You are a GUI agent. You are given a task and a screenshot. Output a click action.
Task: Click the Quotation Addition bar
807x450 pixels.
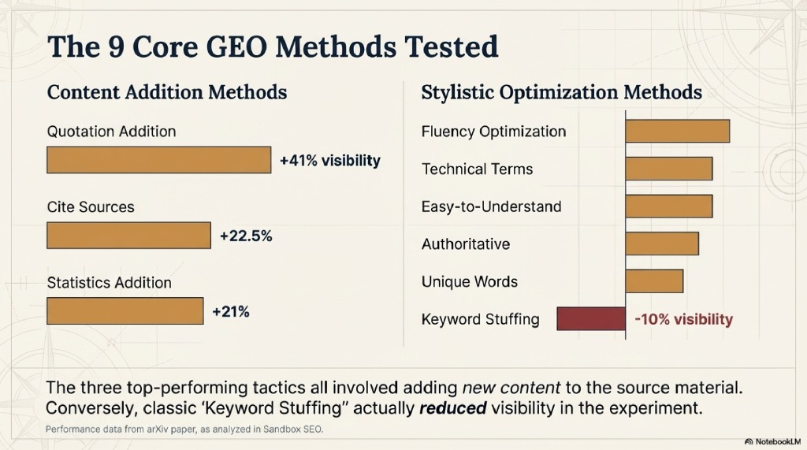[159, 160]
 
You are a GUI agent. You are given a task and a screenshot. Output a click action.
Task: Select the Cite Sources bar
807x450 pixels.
[129, 235]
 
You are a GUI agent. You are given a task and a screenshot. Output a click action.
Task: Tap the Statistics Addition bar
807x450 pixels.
[125, 311]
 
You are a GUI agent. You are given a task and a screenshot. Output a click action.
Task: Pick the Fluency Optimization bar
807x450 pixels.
[678, 131]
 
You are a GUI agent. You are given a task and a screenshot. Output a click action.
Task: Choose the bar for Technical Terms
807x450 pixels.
[669, 169]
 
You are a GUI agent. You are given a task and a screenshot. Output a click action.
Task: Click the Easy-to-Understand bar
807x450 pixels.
[669, 206]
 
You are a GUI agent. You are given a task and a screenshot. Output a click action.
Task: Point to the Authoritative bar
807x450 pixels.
[662, 244]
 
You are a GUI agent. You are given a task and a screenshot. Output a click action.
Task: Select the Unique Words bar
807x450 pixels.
[654, 281]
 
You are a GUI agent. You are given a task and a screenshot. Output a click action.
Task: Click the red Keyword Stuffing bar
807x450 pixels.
[591, 319]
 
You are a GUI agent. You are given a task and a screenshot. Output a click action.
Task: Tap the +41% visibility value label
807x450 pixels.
[330, 161]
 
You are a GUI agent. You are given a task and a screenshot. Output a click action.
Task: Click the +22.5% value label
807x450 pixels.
[246, 236]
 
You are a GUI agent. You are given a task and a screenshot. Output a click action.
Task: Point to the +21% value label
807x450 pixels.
[231, 311]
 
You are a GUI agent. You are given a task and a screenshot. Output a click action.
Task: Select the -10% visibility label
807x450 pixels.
[683, 319]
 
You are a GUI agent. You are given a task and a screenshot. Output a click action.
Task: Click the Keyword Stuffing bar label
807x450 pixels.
[481, 319]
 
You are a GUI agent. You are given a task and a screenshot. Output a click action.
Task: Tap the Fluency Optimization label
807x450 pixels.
[493, 131]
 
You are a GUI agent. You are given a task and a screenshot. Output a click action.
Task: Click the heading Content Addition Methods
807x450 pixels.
[167, 92]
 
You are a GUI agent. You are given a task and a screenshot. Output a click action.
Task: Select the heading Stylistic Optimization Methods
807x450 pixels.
[561, 92]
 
